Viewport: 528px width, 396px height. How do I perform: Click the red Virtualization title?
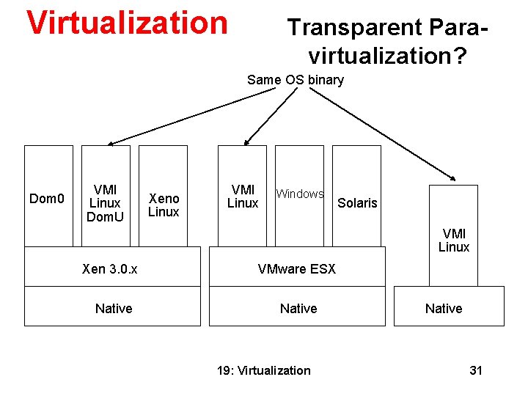point(127,23)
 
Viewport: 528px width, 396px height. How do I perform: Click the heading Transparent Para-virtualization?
point(387,40)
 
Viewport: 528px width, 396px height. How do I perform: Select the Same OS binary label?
point(295,80)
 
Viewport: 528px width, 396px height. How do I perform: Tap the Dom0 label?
point(47,199)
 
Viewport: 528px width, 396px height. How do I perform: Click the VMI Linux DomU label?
point(106,203)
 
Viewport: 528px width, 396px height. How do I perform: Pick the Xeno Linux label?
point(164,205)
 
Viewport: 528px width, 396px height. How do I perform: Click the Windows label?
point(299,194)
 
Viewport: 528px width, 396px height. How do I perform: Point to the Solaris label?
point(357,203)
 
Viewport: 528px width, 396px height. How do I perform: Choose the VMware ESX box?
point(297,269)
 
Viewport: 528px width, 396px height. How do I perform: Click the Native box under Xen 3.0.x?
point(113,309)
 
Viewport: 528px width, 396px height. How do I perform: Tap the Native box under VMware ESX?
point(298,309)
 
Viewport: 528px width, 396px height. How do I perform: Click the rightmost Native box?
point(444,309)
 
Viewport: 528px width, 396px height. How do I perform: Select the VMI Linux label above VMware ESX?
point(242,196)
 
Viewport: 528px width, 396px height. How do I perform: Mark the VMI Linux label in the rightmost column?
point(453,241)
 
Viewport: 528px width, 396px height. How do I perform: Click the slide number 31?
point(476,370)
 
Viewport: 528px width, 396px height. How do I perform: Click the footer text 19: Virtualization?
point(264,370)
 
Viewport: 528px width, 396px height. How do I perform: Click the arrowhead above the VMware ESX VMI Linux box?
point(248,141)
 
